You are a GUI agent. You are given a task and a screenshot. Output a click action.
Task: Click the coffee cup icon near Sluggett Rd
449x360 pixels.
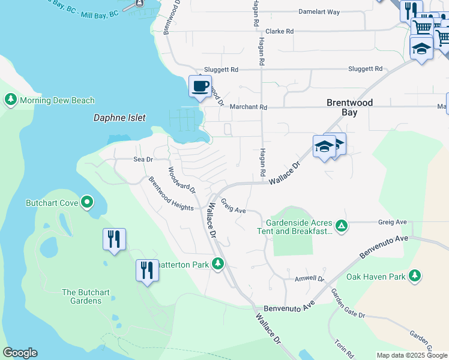[x=200, y=86]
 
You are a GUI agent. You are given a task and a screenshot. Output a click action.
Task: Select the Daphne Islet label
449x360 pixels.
[x=119, y=118]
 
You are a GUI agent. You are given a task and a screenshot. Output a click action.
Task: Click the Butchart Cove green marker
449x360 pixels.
[x=88, y=203]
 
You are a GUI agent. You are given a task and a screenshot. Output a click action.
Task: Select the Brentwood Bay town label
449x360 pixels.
[x=350, y=107]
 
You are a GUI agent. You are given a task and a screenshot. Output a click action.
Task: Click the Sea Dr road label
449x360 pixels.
[x=143, y=160]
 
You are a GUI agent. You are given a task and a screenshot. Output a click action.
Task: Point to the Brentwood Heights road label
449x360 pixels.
[x=171, y=193]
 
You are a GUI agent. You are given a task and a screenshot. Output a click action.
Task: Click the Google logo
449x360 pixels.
[x=20, y=353]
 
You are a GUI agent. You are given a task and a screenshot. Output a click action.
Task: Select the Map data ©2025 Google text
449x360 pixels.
[x=412, y=355]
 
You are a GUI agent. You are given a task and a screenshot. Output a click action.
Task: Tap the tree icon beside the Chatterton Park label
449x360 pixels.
[x=220, y=264]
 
